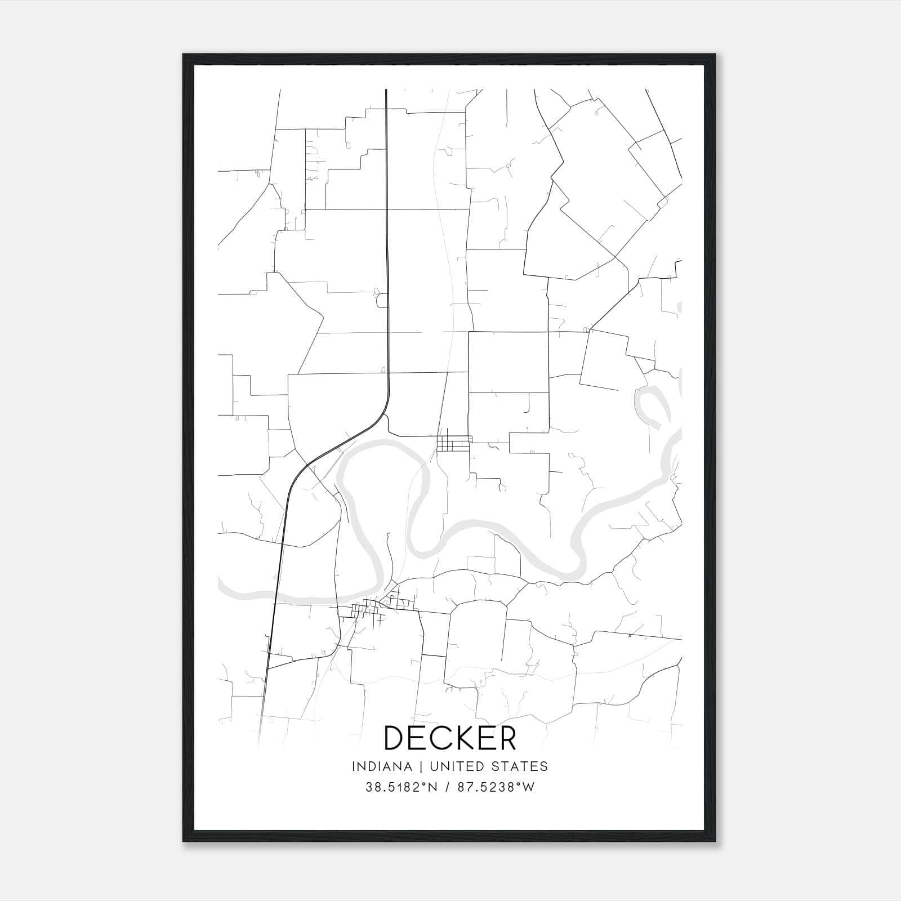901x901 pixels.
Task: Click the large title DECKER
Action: pyautogui.click(x=449, y=738)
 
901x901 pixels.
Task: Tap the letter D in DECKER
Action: pyautogui.click(x=395, y=738)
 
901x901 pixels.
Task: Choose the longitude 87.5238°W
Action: pyautogui.click(x=496, y=787)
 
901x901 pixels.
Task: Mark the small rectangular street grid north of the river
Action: pyautogui.click(x=454, y=443)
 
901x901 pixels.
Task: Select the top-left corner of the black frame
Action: pyautogui.click(x=184, y=55)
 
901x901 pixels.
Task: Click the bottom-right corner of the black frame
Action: pyautogui.click(x=715, y=841)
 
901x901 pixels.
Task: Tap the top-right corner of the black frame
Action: pyautogui.click(x=715, y=55)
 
